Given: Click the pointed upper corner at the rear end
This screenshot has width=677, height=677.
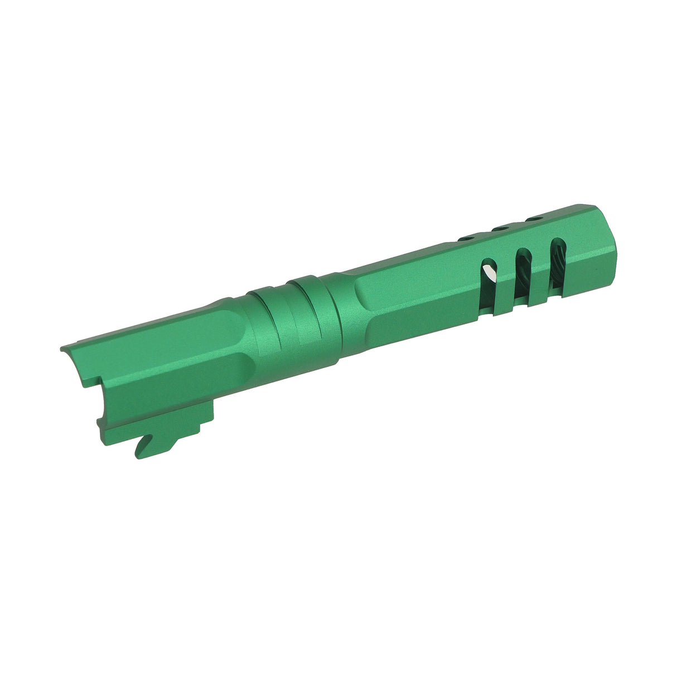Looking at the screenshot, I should point(62,349).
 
